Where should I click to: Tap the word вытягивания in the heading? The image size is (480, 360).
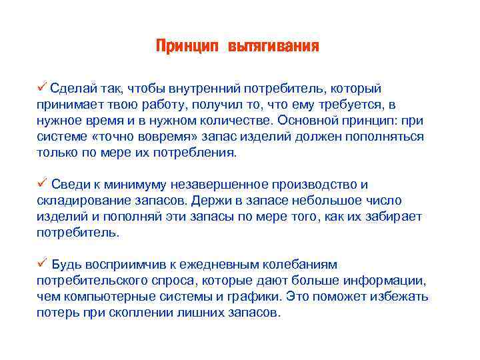[274, 46]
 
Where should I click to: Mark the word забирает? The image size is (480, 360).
[393, 217]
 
